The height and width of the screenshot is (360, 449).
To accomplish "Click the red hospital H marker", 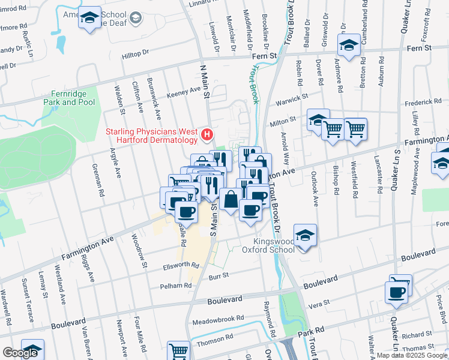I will [x=208, y=135].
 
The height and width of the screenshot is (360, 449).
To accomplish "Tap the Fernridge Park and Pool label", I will [x=69, y=98].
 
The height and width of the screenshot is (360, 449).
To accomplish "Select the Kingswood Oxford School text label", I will [x=268, y=246].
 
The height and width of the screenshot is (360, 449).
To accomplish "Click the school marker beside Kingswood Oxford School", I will [x=305, y=235].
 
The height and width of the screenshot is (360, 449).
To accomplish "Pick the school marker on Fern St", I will [x=348, y=45].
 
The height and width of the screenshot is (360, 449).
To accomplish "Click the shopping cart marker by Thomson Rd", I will [x=178, y=350].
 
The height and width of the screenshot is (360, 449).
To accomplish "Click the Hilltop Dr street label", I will [x=135, y=53].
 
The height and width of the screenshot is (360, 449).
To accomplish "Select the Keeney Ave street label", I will [x=183, y=90].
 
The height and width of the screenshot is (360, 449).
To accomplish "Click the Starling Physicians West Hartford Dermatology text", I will [x=152, y=136].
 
